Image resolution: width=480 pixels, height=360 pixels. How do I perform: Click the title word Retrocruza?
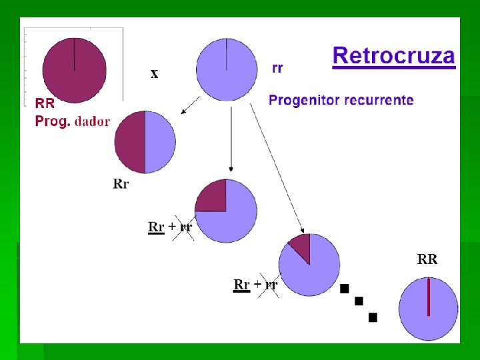[x=393, y=55]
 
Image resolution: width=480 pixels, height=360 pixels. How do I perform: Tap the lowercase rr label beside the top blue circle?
[x=277, y=68]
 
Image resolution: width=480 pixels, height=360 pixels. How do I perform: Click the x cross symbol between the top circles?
[x=155, y=74]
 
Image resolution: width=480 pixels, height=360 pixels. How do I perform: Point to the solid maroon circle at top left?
[x=74, y=70]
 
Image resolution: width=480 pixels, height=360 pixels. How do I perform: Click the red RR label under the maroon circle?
[x=45, y=103]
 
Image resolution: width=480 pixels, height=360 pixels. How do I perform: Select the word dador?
[x=93, y=122]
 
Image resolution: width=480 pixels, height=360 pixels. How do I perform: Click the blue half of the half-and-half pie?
[x=160, y=142]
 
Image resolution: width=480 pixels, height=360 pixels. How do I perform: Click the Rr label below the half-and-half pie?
[x=121, y=184]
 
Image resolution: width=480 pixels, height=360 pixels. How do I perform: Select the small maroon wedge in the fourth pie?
[x=301, y=247]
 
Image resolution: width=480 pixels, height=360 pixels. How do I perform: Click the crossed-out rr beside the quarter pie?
[x=186, y=227]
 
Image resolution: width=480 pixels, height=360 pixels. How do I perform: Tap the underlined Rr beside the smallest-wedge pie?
[x=241, y=285]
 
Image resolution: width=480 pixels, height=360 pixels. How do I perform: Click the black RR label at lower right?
[x=427, y=259]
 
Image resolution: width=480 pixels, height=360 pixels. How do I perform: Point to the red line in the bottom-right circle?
[x=429, y=297]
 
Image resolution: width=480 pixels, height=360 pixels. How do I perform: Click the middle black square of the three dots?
[x=359, y=301]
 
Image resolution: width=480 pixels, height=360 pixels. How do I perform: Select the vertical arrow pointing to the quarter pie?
[x=230, y=140]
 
